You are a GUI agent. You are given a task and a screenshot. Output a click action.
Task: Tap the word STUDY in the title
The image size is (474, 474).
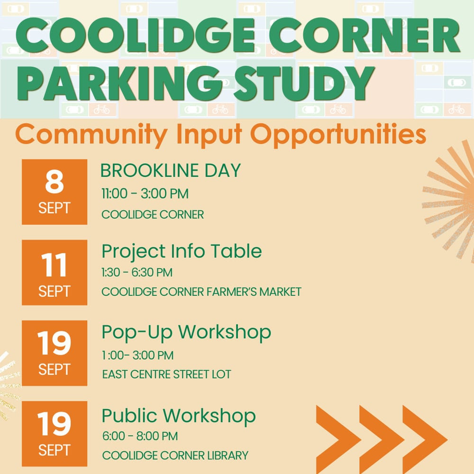[304, 83]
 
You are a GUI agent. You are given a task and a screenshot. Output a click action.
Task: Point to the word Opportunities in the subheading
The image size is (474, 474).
[338, 135]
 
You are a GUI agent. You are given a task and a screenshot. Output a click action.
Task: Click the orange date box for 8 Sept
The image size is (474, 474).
[55, 192]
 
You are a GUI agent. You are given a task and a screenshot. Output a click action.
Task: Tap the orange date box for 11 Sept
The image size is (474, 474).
[55, 273]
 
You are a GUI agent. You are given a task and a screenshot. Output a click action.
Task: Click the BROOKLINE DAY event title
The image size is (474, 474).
[171, 171]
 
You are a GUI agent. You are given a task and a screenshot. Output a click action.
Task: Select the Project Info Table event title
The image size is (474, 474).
[182, 252]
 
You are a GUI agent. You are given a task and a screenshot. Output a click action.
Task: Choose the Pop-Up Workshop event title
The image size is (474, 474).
[186, 333]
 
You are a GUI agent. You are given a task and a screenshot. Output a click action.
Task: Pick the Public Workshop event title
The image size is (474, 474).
[179, 416]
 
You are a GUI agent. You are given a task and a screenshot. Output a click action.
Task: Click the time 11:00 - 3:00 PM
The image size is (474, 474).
[145, 194]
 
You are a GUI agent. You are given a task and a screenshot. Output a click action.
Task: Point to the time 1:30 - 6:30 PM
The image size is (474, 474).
[137, 273]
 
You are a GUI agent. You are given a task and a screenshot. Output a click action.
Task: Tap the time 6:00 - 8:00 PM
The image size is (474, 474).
[140, 436]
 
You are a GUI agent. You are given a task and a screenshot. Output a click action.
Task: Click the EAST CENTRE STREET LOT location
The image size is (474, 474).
[166, 374]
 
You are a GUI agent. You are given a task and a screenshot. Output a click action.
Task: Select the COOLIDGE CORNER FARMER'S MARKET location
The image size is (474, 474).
[201, 292]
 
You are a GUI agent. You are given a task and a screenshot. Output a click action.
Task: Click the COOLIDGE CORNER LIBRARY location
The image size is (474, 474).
[175, 455]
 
